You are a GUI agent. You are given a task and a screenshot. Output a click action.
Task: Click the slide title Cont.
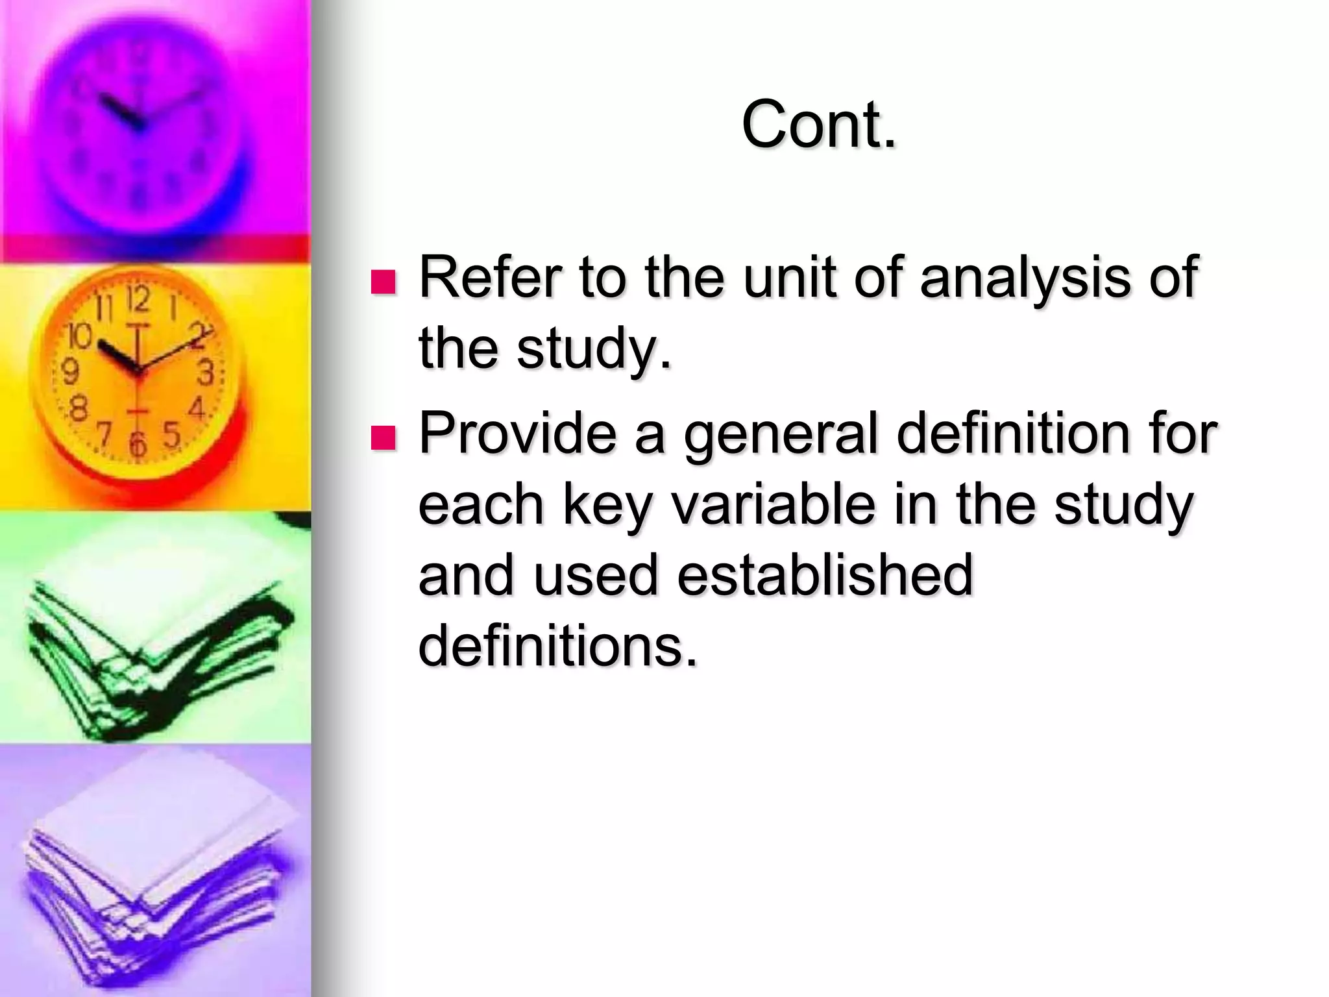point(819,124)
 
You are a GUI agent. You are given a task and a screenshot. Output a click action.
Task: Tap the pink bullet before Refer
point(383,282)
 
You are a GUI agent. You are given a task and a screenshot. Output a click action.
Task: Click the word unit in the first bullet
point(788,277)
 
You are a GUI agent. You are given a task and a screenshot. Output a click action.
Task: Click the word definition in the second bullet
point(1013,433)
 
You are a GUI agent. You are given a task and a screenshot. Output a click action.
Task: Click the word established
point(825,574)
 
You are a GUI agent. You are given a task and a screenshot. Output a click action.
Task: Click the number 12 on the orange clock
point(138,299)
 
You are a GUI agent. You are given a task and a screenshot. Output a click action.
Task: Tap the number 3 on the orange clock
point(206,373)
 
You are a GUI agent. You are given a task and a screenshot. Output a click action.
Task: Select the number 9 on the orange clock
point(69,372)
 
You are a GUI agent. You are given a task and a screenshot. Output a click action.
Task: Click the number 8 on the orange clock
point(78,410)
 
